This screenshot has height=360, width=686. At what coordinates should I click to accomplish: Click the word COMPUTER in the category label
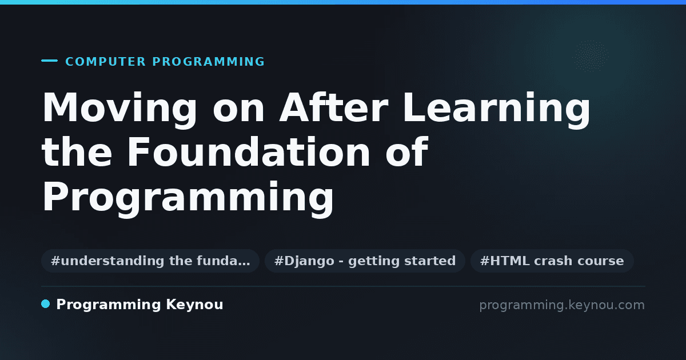click(106, 62)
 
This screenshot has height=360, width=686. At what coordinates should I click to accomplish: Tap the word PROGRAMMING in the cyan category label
click(209, 62)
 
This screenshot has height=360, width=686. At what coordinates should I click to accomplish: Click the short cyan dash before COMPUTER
click(49, 61)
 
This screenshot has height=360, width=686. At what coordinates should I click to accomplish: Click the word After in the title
click(333, 107)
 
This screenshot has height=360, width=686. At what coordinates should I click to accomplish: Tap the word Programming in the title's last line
click(188, 198)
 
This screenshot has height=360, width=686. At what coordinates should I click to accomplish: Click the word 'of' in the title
click(406, 152)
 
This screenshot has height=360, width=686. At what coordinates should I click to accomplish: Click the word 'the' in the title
click(77, 152)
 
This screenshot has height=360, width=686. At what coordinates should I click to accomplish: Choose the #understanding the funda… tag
click(150, 261)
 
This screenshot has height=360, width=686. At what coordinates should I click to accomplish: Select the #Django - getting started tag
click(365, 261)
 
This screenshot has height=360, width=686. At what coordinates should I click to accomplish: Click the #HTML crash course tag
click(552, 261)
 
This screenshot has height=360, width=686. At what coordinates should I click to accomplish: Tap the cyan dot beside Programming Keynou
click(45, 304)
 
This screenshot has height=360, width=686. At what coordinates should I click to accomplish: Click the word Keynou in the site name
click(194, 305)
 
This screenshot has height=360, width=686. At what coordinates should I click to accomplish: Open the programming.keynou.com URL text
click(562, 305)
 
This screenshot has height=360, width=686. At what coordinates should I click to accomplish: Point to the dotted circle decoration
click(591, 57)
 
